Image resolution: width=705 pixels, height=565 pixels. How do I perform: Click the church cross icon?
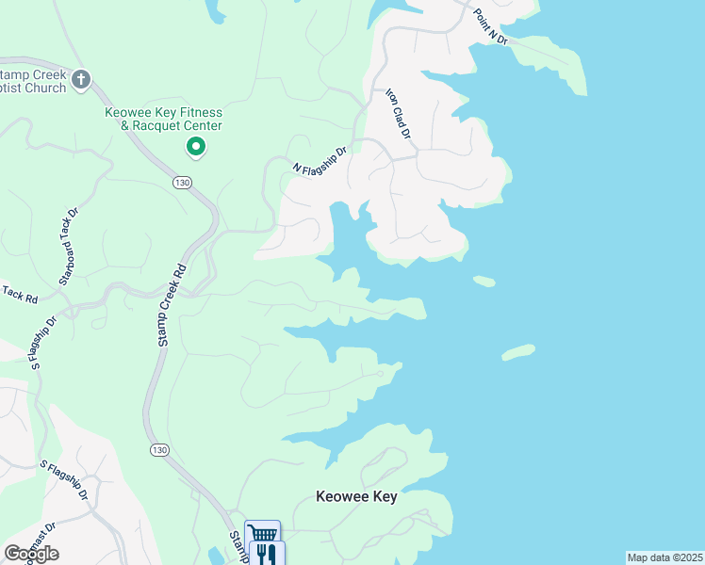pyautogui.click(x=80, y=78)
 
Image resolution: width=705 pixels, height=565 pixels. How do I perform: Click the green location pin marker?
pyautogui.click(x=196, y=147)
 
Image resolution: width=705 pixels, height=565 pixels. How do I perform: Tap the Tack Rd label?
pyautogui.click(x=19, y=296)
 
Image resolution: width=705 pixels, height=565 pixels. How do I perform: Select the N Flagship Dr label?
pyautogui.click(x=320, y=161)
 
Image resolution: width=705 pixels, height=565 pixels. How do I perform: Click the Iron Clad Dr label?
pyautogui.click(x=399, y=114)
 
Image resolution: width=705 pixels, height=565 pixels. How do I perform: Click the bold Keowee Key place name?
pyautogui.click(x=356, y=496)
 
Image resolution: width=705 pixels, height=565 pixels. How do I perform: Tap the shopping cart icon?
pyautogui.click(x=262, y=534)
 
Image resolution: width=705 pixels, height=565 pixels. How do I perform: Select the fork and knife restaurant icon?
pyautogui.click(x=267, y=553)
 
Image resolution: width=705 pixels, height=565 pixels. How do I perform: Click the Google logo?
pyautogui.click(x=31, y=553)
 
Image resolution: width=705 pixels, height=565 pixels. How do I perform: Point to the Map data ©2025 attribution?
pyautogui.click(x=664, y=557)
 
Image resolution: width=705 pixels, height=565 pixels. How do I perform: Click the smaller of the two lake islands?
pyautogui.click(x=484, y=281)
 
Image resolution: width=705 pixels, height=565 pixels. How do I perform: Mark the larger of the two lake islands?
pyautogui.click(x=518, y=352)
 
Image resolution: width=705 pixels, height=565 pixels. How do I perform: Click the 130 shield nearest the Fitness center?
pyautogui.click(x=182, y=181)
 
